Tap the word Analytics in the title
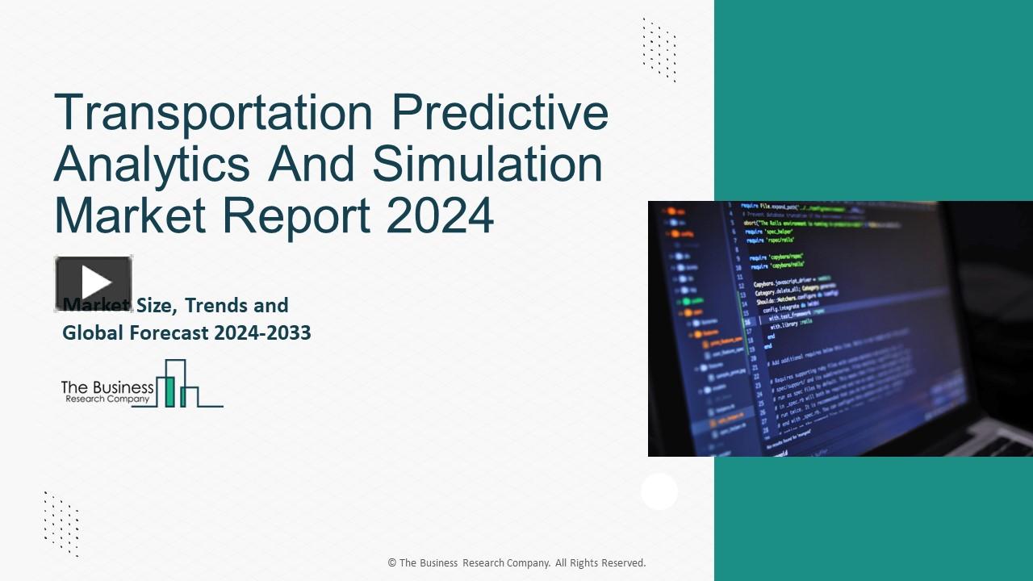152,163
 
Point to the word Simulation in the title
487,163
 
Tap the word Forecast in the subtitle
167,332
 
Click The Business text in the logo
107,387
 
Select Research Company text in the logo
107,399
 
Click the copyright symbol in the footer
392,563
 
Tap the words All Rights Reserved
600,563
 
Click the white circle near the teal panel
659,491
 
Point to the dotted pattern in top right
659,50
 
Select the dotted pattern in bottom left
61,524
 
